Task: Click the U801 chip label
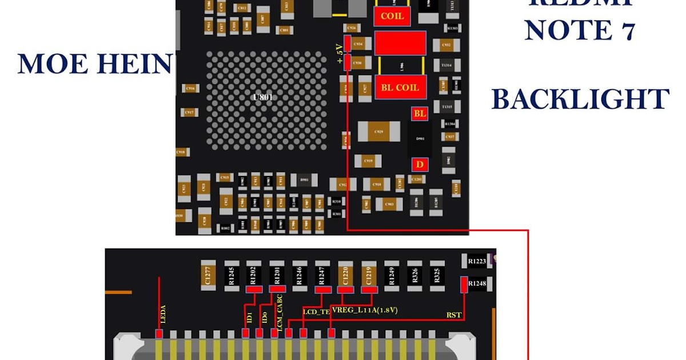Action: (x=263, y=97)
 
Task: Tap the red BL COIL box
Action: (x=400, y=87)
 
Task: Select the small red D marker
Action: (x=420, y=165)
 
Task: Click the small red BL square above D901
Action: (x=420, y=114)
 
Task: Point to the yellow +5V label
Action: (x=340, y=54)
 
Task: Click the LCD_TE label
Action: (x=316, y=311)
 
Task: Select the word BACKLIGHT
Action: (x=580, y=99)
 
